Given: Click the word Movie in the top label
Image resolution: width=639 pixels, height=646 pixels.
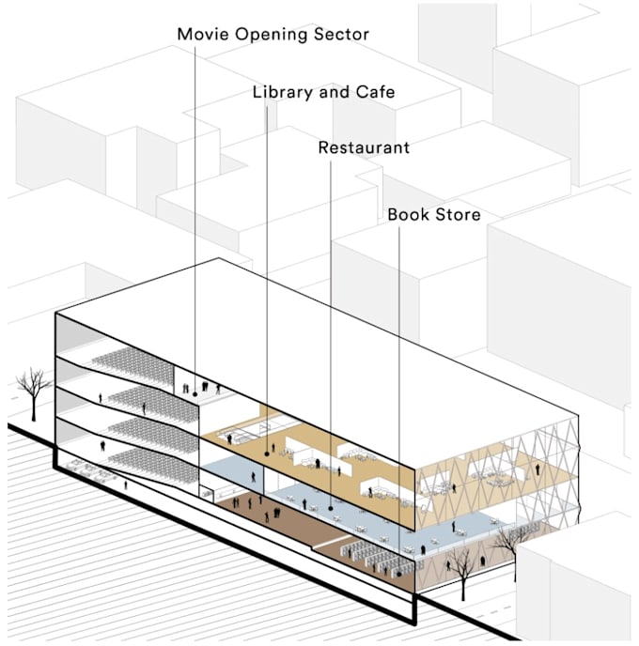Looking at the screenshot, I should point(202,35).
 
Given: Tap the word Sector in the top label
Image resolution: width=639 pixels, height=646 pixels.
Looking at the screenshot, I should point(339,35).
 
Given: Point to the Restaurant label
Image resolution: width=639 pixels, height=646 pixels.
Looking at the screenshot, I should point(364,148).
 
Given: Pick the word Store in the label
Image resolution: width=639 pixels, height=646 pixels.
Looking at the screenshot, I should point(458,215).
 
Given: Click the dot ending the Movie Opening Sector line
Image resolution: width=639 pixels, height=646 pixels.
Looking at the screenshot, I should point(195,395).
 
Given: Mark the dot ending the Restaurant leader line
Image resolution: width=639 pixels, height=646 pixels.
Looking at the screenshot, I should point(332,508).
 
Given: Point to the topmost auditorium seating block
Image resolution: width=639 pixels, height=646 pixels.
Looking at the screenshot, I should point(131,364).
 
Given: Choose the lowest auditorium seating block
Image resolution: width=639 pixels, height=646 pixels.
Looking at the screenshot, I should point(137,459).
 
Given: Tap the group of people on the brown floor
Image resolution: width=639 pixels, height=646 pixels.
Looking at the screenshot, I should point(273,512).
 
